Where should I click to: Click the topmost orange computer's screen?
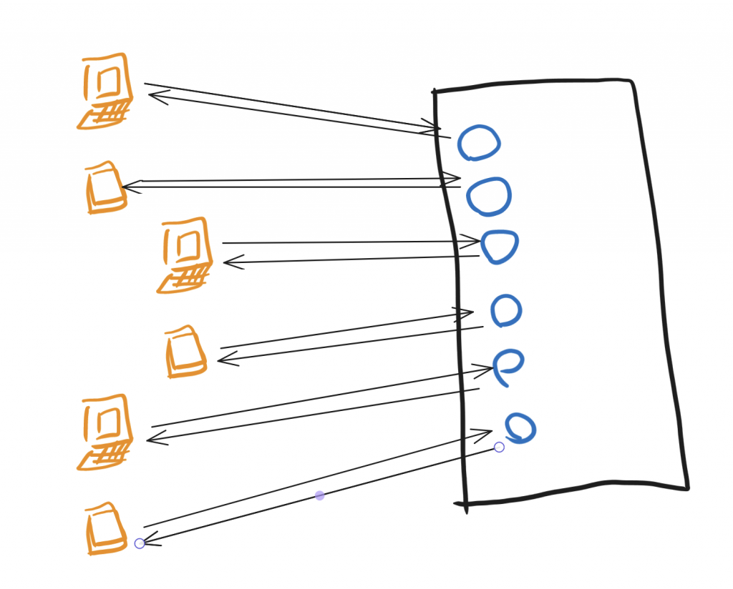[x=108, y=81]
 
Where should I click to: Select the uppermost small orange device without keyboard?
[x=106, y=189]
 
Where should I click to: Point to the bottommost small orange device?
[x=105, y=530]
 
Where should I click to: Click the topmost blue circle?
[x=479, y=143]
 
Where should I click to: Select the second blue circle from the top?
[x=489, y=196]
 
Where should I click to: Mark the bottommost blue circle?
[x=520, y=427]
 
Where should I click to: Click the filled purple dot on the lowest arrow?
[x=320, y=495]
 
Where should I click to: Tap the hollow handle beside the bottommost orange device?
[x=140, y=543]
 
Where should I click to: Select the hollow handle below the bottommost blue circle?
[x=500, y=447]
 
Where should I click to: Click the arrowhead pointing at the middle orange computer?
[x=228, y=262]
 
